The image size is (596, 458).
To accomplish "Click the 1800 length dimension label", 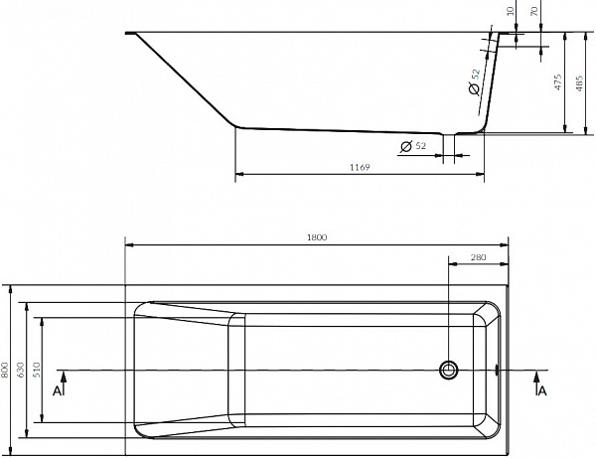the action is pyautogui.click(x=317, y=237).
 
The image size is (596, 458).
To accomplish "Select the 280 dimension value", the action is pyautogui.click(x=478, y=257).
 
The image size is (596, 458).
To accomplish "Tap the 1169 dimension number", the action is pyautogui.click(x=360, y=167).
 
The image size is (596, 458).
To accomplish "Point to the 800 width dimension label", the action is pyautogui.click(x=5, y=370).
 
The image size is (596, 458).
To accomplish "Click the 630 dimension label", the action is pyautogui.click(x=21, y=370).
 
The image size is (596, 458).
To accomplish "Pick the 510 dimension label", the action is pyautogui.click(x=36, y=370).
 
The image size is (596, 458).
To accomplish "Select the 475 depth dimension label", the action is pyautogui.click(x=557, y=82).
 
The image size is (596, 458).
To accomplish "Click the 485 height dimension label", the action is pyautogui.click(x=579, y=83).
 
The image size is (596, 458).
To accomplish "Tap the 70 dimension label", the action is pyautogui.click(x=534, y=11).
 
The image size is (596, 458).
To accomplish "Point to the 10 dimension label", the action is pyautogui.click(x=511, y=11).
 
